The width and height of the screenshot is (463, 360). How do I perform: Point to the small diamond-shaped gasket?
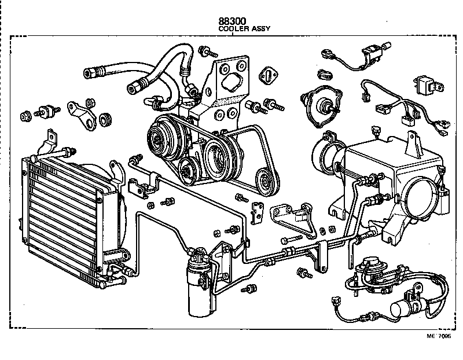267,76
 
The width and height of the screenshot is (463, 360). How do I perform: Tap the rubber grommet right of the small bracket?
105,119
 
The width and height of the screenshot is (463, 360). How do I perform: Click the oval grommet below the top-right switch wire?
324,75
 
